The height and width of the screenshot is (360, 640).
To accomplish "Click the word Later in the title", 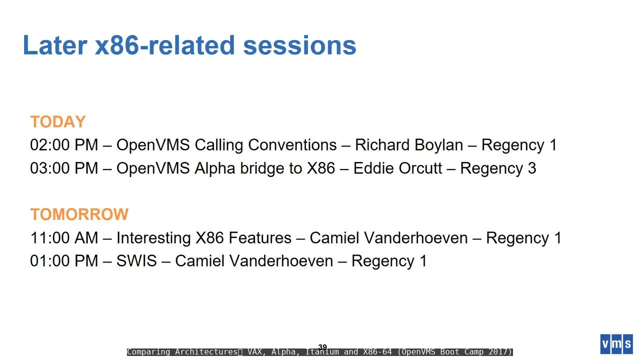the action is pyautogui.click(x=55, y=45).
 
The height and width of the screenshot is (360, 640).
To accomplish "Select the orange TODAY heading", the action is pyautogui.click(x=58, y=121).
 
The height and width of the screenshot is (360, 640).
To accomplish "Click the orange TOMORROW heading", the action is pyautogui.click(x=79, y=214).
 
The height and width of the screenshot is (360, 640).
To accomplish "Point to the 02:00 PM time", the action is pyautogui.click(x=64, y=145).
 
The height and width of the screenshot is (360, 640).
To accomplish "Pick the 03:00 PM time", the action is pyautogui.click(x=64, y=168).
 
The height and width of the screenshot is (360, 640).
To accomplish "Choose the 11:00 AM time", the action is pyautogui.click(x=64, y=237).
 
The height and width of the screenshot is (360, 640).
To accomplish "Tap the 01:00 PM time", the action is pyautogui.click(x=64, y=261).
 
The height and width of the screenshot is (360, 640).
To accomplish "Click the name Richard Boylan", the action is pyautogui.click(x=409, y=145).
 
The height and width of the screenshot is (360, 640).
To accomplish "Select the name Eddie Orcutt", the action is pyautogui.click(x=397, y=168).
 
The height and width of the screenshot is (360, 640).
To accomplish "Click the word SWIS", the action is pyautogui.click(x=136, y=261).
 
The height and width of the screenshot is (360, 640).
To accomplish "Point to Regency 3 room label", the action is pyautogui.click(x=498, y=168).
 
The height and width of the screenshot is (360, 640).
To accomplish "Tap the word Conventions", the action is pyautogui.click(x=292, y=145).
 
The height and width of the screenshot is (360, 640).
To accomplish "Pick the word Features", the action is pyautogui.click(x=260, y=237).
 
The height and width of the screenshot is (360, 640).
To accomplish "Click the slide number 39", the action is pyautogui.click(x=322, y=346).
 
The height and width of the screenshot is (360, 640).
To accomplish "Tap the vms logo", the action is pyautogui.click(x=616, y=344).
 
